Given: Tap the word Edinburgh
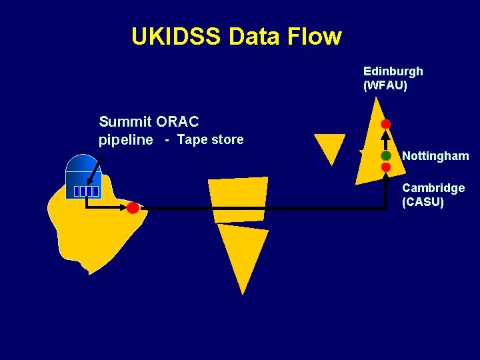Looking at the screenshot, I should (393, 71).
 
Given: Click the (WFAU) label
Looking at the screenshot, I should (385, 85).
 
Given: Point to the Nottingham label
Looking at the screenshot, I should (435, 156).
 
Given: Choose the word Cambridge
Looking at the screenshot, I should (433, 188).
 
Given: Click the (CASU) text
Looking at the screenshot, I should (423, 202).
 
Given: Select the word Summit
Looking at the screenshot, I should (125, 121).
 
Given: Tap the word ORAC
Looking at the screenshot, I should (177, 121).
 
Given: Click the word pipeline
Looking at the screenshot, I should (126, 140).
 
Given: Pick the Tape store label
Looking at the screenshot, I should (210, 140).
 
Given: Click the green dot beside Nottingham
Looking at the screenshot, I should (385, 155).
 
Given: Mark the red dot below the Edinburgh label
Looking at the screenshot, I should (385, 124).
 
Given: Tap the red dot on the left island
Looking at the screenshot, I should (133, 208).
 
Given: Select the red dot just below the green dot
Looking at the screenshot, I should (385, 167).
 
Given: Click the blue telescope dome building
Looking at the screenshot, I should (83, 175).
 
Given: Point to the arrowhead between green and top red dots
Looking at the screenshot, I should (385, 137).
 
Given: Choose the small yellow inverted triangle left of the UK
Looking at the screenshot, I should (329, 149).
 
